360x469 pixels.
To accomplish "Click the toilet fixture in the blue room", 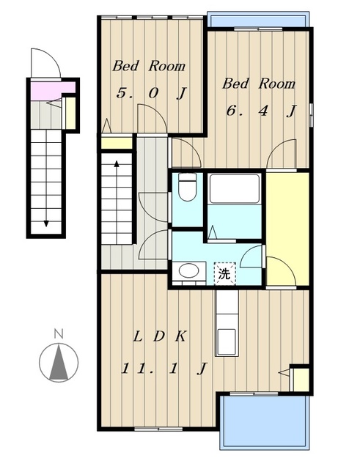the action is pos(187,187).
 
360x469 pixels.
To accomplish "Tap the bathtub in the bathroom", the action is pos(235,189).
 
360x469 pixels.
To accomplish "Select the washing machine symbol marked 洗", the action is pos(225,273).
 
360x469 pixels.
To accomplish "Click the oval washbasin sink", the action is pos(188,270).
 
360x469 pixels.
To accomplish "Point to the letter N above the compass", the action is pos(59,333).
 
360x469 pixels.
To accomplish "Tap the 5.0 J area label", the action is pos(152,93).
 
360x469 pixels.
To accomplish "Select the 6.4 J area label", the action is pos(261,111).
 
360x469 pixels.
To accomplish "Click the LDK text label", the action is pos(160,337).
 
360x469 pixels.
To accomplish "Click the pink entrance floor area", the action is pos(52,90).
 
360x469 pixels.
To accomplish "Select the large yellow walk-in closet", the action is pos(287,229).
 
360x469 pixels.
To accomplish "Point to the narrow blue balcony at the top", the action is pos(258,20).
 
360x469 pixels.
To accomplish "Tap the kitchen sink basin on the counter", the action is pos(227,342).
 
